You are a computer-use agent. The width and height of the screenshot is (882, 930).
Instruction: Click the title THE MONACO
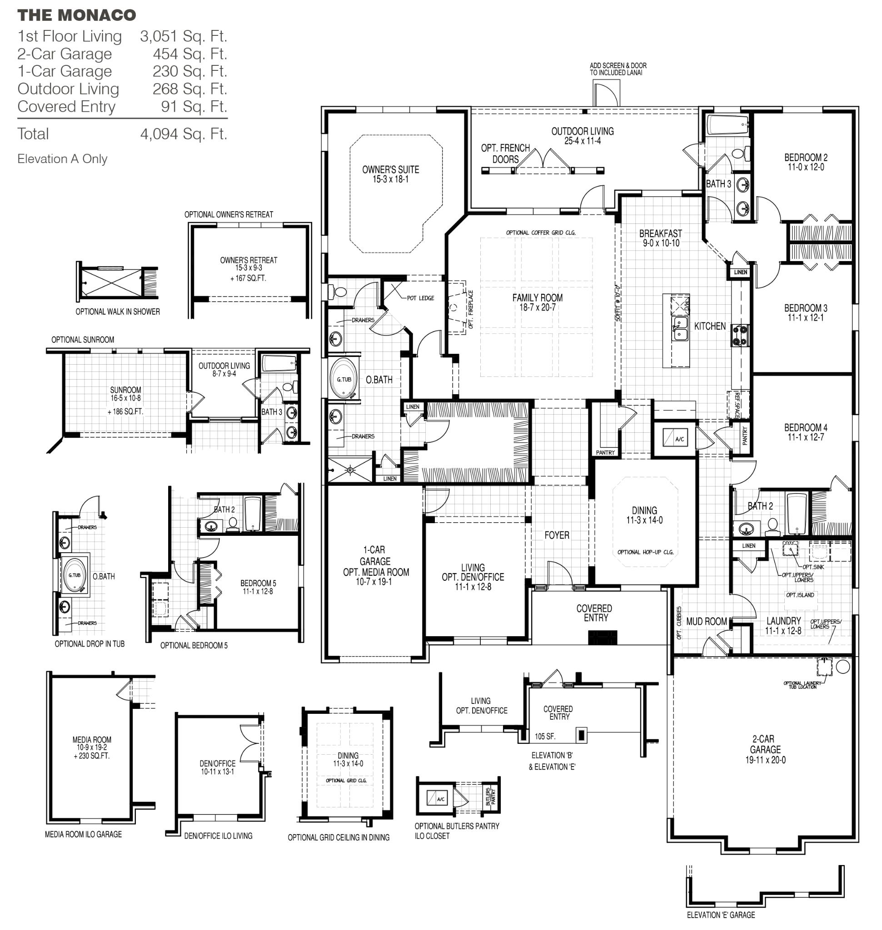tap(77, 15)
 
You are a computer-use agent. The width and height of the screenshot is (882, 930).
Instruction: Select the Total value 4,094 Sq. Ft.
tap(184, 134)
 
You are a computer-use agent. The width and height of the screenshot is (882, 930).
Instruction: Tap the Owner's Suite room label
tap(390, 174)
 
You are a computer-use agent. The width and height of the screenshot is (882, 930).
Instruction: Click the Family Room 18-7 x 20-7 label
tap(537, 302)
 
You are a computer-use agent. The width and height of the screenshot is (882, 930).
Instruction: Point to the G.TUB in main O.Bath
tap(344, 379)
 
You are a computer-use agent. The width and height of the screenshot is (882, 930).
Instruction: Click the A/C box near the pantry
tap(676, 438)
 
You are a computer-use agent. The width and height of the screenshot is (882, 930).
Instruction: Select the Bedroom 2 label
tap(805, 162)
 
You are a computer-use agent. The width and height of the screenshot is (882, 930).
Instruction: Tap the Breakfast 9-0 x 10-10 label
tap(661, 238)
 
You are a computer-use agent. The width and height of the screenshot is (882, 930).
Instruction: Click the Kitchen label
tap(709, 326)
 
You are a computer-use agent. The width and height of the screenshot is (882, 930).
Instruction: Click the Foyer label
tap(557, 535)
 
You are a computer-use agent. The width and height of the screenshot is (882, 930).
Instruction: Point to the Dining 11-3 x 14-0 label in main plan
tap(644, 514)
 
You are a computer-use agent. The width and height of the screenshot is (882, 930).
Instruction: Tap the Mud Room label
tap(706, 621)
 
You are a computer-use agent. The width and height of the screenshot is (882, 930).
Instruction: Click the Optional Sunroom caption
tap(83, 340)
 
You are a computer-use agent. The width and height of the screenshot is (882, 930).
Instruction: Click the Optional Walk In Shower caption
tap(118, 312)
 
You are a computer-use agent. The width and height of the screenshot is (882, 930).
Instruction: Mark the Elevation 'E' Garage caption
tap(720, 915)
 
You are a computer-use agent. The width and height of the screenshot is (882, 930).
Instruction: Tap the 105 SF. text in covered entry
tap(545, 737)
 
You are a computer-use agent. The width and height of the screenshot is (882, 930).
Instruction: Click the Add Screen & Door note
tap(618, 69)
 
